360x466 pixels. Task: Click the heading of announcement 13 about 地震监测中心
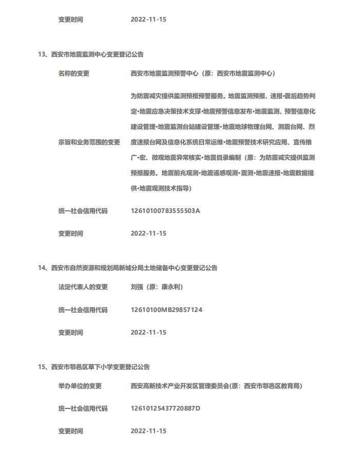tap(91, 54)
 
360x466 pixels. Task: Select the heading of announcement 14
tap(128, 268)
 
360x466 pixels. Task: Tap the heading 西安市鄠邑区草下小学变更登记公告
tap(94, 367)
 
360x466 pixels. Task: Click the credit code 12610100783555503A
tap(165, 211)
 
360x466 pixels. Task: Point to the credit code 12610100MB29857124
tap(166, 310)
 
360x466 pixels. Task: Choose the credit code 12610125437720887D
tap(165, 409)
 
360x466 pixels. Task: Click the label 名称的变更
tap(74, 73)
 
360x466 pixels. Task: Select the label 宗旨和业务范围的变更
tap(89, 142)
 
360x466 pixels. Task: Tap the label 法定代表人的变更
tap(83, 287)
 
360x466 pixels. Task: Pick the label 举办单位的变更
tap(80, 386)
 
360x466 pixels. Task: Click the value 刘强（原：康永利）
tap(157, 287)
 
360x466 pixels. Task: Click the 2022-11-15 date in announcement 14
tap(149, 333)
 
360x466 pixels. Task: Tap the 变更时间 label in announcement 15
tap(71, 431)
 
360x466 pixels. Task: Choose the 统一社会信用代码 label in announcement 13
tap(83, 211)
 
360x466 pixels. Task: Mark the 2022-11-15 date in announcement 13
tap(149, 234)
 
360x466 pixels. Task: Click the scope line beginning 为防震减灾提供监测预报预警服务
tap(223, 96)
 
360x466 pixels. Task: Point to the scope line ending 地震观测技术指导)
tap(161, 188)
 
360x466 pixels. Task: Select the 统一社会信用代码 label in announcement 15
tap(83, 409)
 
